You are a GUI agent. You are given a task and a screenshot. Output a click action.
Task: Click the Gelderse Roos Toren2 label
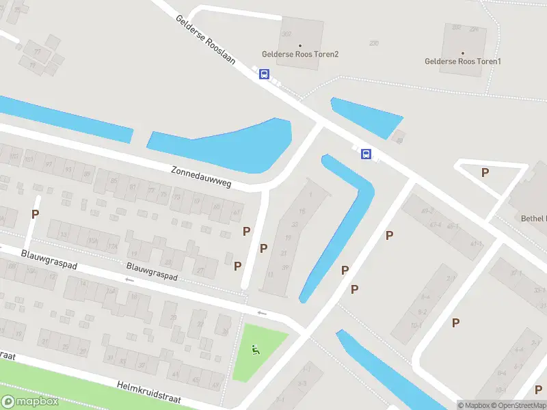click(300, 54)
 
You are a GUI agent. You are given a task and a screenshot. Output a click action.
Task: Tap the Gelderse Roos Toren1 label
click(463, 61)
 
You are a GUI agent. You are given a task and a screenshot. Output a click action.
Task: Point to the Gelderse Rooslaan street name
click(206, 40)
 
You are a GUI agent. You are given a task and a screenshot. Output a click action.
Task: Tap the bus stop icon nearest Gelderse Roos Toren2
click(264, 74)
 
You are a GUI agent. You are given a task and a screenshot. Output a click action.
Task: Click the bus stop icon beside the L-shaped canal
click(366, 154)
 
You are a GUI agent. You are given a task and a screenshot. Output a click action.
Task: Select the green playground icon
click(256, 350)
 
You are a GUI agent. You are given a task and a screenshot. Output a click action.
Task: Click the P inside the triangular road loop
click(485, 172)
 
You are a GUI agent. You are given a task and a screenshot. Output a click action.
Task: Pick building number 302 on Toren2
click(286, 33)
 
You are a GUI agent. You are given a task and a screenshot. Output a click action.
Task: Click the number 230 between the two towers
click(373, 43)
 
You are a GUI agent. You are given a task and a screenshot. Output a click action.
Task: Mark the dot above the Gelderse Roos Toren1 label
click(462, 53)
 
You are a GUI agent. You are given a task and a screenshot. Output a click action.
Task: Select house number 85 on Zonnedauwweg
click(114, 181)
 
